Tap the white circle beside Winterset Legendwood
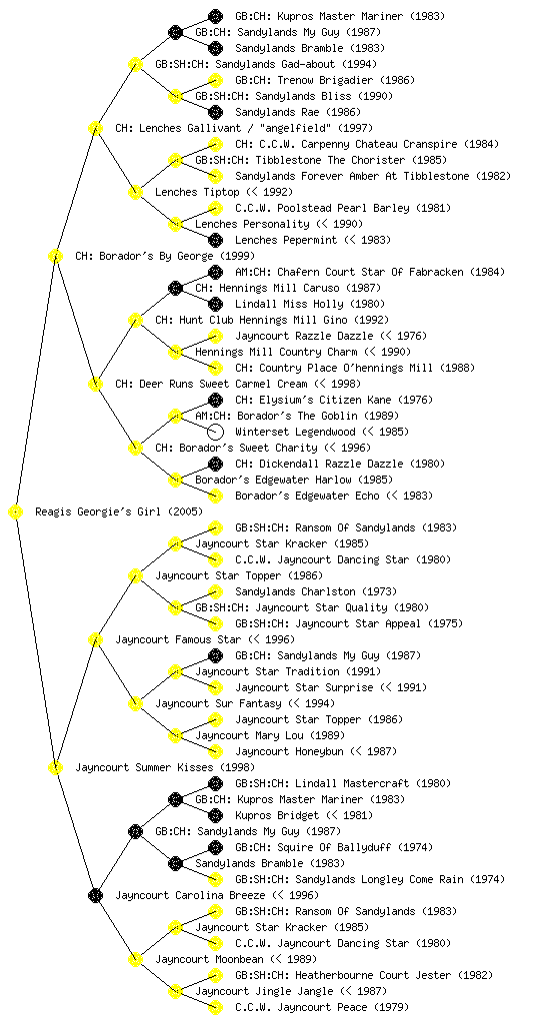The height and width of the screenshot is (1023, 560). [215, 432]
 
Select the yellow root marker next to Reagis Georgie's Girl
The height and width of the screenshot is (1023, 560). [16, 511]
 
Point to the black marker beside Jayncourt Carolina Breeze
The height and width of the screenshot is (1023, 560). [95, 895]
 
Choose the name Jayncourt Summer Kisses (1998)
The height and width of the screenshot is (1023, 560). [165, 767]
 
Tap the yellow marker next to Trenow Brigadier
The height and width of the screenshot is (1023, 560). [215, 80]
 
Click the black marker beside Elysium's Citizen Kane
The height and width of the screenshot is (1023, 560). [215, 400]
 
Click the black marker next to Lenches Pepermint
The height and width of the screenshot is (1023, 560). [215, 240]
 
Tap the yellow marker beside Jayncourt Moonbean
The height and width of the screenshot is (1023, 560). [135, 959]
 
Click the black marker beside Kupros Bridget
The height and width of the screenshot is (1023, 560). [215, 815]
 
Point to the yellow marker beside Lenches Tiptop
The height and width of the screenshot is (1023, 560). [135, 192]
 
